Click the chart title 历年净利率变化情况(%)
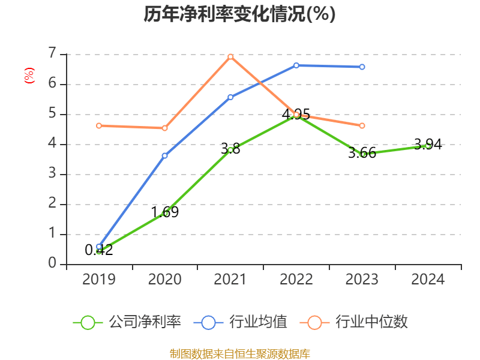tap(239, 14)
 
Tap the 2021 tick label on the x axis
tap(230, 279)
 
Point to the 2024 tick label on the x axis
tap(428, 279)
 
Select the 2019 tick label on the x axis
tap(99, 279)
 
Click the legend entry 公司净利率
tap(144, 322)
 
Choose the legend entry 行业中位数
tap(371, 322)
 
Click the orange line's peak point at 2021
tap(230, 56)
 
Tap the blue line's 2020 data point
tap(165, 155)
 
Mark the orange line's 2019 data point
tap(99, 125)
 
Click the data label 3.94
tap(428, 144)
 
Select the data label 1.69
tap(165, 212)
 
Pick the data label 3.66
tap(362, 152)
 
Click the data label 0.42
tap(99, 250)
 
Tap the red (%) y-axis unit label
tap(29, 75)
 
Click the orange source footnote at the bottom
tap(239, 353)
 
